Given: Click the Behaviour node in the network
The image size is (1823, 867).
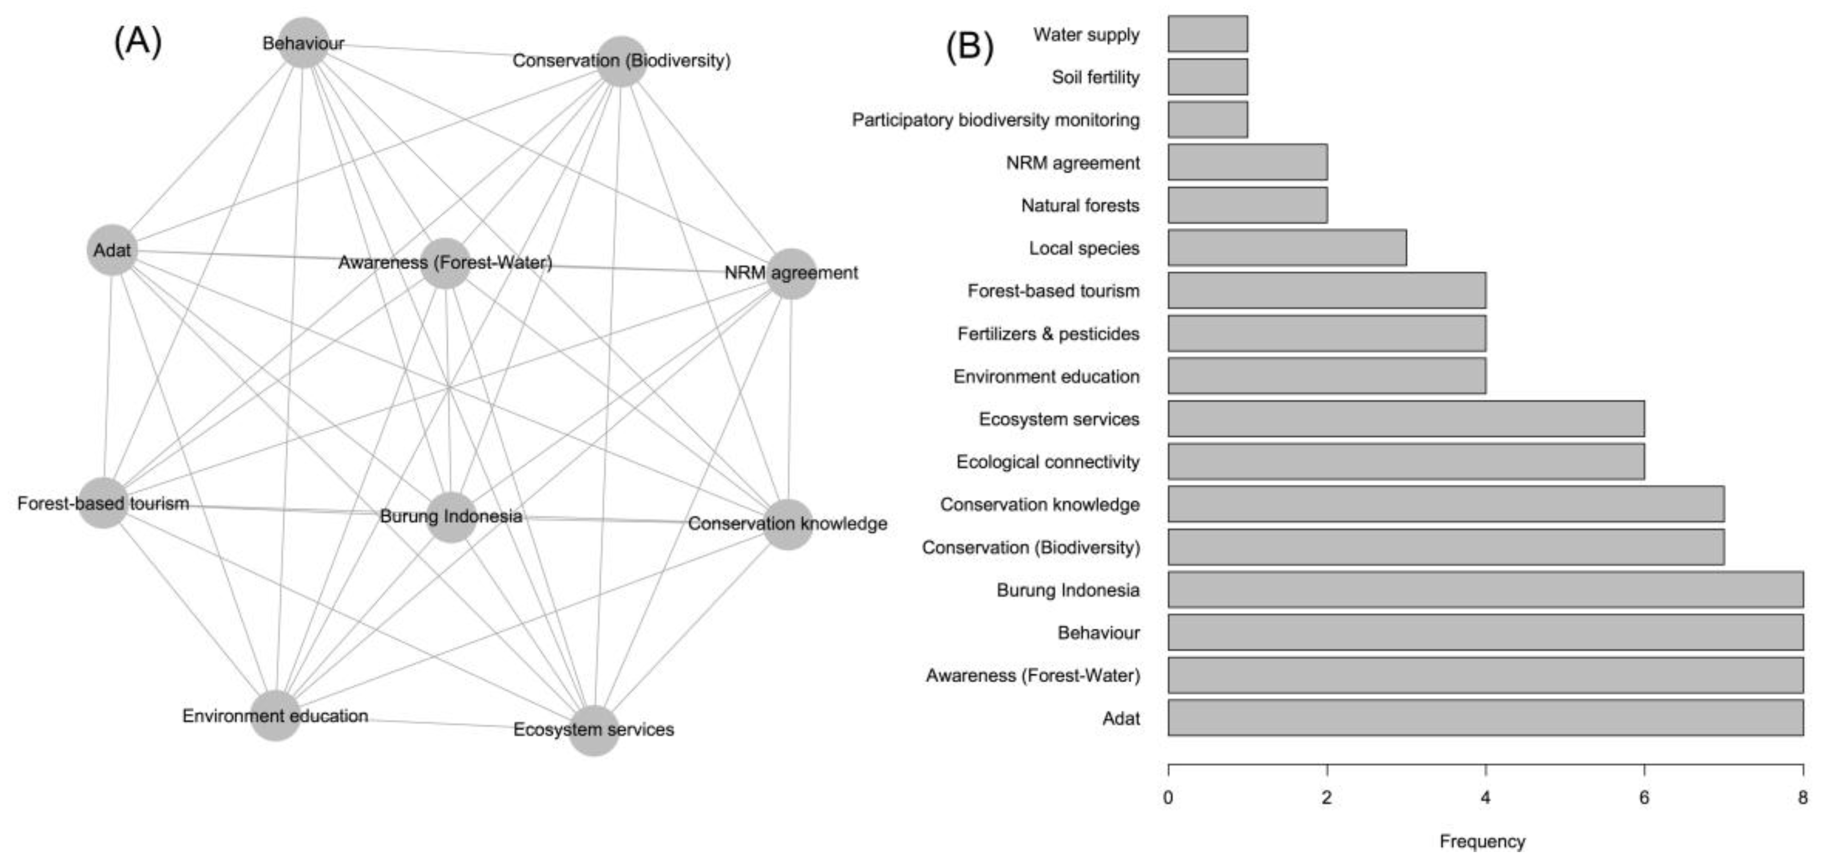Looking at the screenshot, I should tap(304, 43).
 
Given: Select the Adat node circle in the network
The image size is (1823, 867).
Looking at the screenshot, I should tap(112, 250).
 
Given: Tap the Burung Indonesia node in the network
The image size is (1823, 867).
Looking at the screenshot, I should tap(451, 517).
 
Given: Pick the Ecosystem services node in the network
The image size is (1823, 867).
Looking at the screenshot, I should tap(594, 730).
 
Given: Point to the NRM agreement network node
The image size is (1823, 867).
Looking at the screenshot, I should tap(790, 273).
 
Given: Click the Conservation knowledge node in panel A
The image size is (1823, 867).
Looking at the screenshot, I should tap(787, 524).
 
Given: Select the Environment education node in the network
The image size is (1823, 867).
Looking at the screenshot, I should tap(275, 716).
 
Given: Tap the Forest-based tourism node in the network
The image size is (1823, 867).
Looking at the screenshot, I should tap(103, 503).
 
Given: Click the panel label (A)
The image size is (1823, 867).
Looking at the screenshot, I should tap(138, 42).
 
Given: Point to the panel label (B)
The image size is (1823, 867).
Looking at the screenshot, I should tap(969, 47).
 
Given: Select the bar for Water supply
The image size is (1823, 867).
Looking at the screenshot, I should tap(1207, 34).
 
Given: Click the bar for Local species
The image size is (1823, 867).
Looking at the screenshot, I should tap(1286, 247).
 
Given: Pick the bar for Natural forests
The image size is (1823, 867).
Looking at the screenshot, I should tap(1247, 205).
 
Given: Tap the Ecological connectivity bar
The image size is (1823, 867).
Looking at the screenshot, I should tap(1406, 462).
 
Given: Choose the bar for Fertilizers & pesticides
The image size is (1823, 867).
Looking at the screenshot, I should tap(1326, 333).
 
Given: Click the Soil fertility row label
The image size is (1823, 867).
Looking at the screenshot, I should tap(1095, 77).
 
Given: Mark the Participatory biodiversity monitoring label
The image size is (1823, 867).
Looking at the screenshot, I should tap(995, 119).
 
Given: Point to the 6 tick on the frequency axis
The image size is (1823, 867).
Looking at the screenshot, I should tap(1644, 798).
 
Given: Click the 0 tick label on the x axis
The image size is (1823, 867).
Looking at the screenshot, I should tap(1167, 798).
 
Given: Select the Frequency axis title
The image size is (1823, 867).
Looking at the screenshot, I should tap(1482, 841).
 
